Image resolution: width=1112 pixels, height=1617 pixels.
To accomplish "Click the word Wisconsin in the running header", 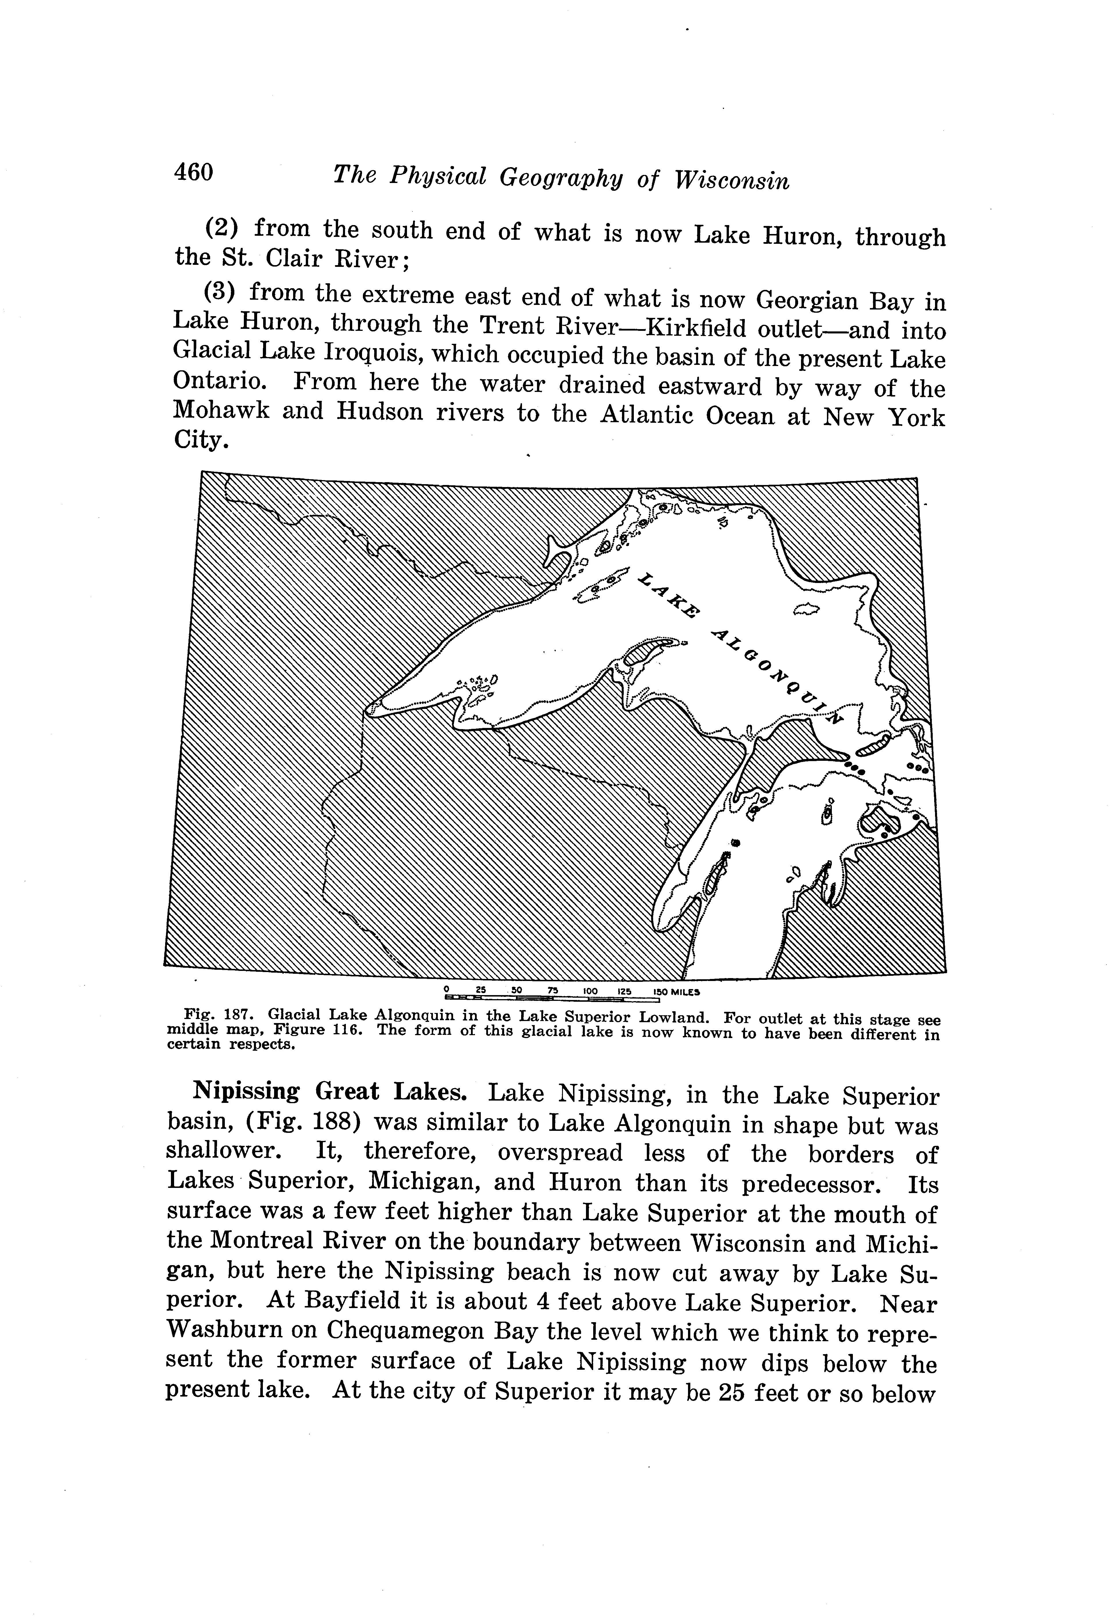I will pyautogui.click(x=732, y=180).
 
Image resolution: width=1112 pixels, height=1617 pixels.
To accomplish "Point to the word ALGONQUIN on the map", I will pyautogui.click(x=777, y=676).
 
